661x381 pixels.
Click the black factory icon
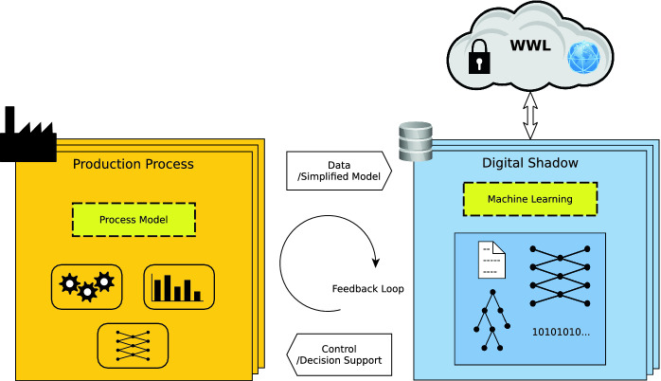click(27, 136)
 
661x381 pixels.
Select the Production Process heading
click(134, 164)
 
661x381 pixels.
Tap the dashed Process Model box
click(134, 220)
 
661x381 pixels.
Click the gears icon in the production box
click(86, 284)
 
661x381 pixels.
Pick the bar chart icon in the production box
click(179, 285)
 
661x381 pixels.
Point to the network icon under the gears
click(133, 346)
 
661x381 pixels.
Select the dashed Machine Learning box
click(530, 199)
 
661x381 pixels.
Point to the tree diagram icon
click(491, 321)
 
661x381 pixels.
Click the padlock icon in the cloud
click(476, 59)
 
